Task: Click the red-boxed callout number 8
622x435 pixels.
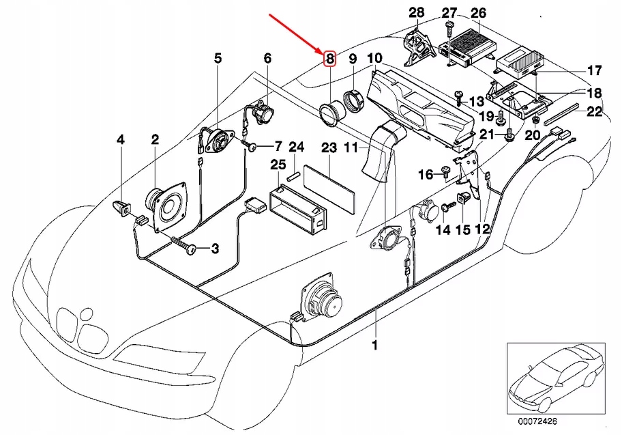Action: point(329,59)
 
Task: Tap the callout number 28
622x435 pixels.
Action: point(416,12)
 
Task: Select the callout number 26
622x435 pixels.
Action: point(478,12)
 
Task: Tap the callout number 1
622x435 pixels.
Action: point(374,346)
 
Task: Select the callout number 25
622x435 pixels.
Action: point(278,164)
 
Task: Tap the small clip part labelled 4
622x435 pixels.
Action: point(122,208)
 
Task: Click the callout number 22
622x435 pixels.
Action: point(595,112)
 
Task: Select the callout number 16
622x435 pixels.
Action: point(425,175)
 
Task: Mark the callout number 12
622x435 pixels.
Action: point(482,229)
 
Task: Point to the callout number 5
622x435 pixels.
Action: point(218,59)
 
